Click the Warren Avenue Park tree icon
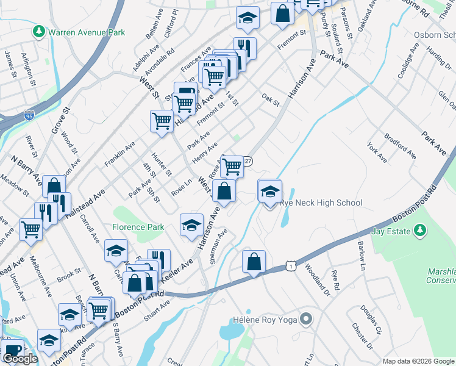pos(40,30)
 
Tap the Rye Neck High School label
pos(321,203)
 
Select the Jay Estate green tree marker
pos(419,231)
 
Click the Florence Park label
pos(138,227)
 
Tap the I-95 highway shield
pos(29,115)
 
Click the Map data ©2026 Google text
pos(418,361)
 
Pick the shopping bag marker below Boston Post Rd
pos(253,261)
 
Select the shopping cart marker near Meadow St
pos(30,229)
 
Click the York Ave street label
pos(377,152)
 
